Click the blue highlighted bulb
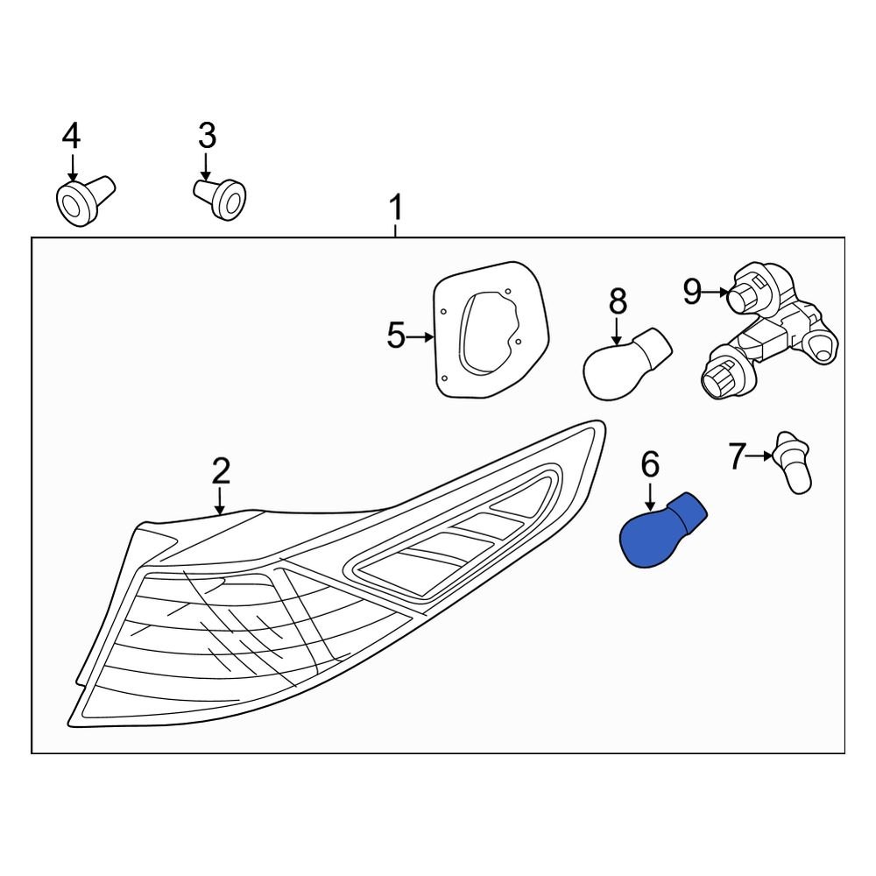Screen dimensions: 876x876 (x=662, y=531)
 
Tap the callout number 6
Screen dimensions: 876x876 (x=650, y=465)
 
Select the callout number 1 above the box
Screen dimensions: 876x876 (x=396, y=208)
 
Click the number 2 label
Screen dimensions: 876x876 (x=221, y=471)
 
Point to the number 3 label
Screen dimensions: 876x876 (x=208, y=136)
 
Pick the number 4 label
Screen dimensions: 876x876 (x=71, y=136)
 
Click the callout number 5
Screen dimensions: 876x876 (x=396, y=336)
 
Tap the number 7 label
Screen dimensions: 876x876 (x=738, y=456)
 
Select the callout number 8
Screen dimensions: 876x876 (x=618, y=301)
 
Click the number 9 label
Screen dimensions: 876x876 (x=692, y=291)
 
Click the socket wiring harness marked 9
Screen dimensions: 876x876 (x=768, y=331)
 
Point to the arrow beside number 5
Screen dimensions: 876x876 (x=420, y=337)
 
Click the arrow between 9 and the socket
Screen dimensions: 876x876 (x=717, y=292)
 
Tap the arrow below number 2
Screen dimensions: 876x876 (x=221, y=500)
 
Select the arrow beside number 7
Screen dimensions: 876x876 (x=760, y=456)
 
